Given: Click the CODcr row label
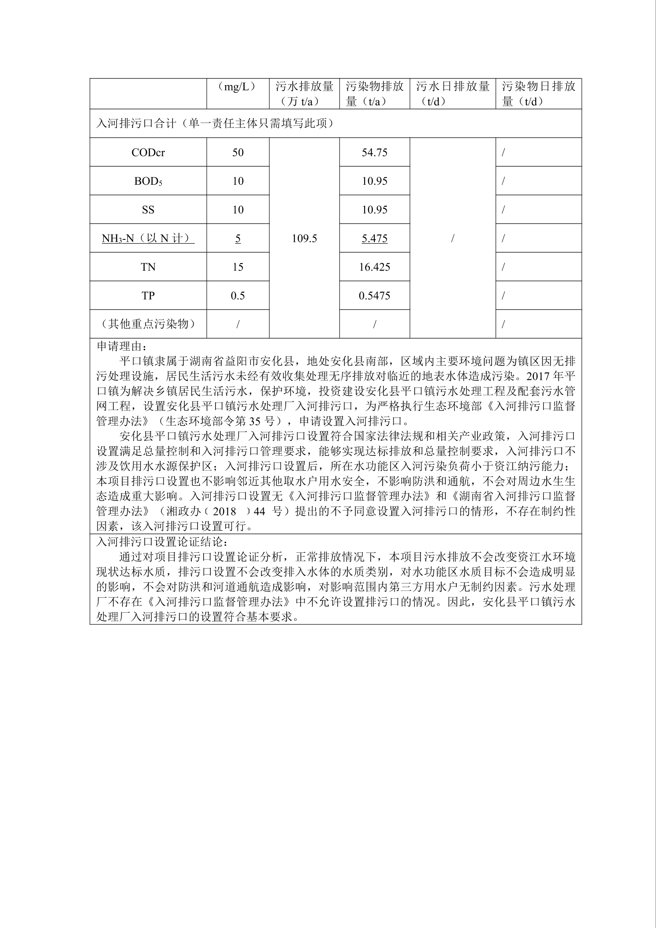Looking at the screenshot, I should tap(148, 153).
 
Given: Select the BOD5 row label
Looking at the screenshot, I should tap(148, 181).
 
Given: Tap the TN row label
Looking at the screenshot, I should tap(148, 267).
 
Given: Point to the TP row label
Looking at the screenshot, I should tap(148, 296).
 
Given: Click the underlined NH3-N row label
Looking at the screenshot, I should tap(148, 239).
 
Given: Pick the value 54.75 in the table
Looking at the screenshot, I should tap(374, 153).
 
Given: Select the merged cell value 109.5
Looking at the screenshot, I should tap(304, 239).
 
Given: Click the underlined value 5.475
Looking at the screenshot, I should tap(374, 239).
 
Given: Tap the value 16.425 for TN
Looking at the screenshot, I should tap(374, 267).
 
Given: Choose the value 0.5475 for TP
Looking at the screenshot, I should tap(374, 296).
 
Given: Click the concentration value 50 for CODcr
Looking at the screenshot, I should tap(238, 153).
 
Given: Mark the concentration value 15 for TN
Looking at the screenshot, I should tap(238, 267).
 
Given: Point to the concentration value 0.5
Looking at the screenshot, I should tap(238, 296).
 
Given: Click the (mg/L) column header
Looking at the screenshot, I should tap(238, 87).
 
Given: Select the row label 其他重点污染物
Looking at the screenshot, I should tap(148, 324).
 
